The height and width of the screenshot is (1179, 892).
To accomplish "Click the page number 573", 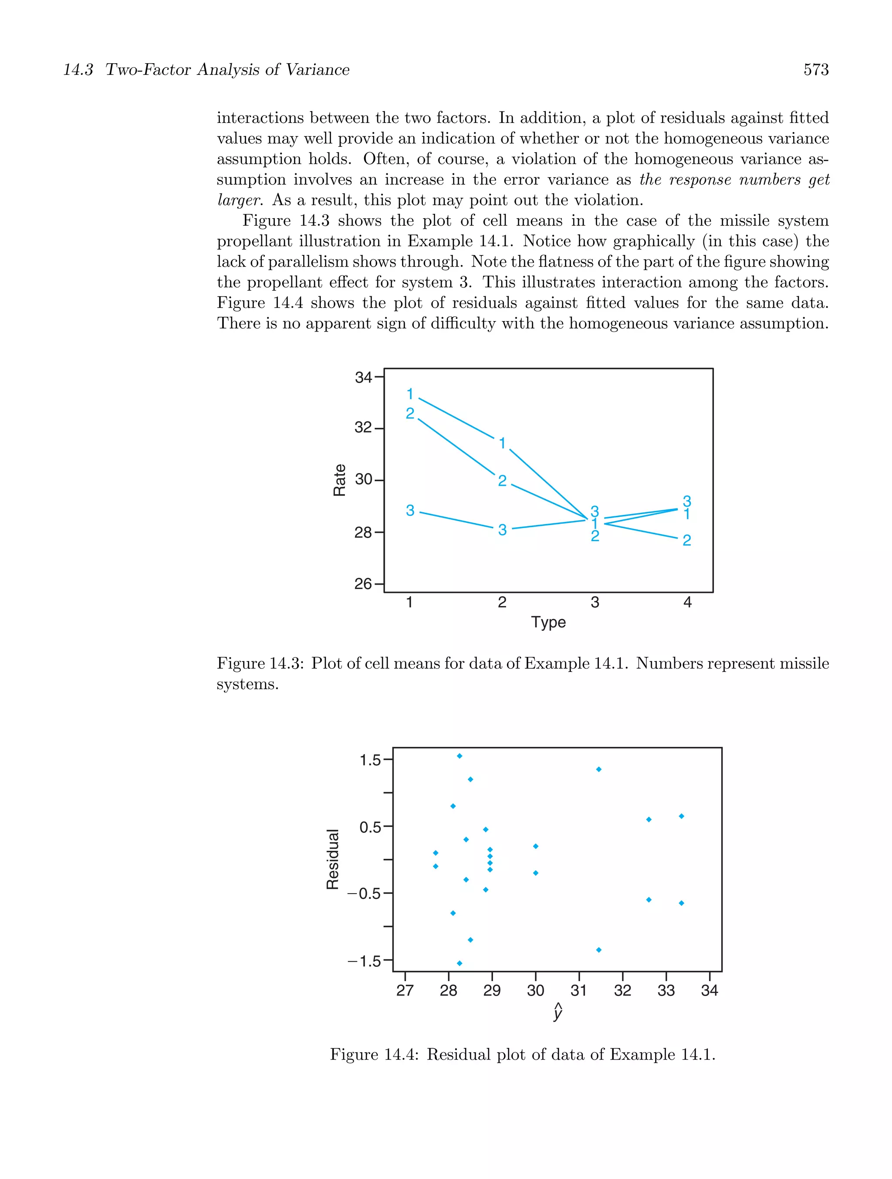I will pos(815,70).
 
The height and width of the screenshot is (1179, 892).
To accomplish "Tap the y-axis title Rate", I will pos(339,480).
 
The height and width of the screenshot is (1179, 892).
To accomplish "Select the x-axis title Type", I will pos(548,622).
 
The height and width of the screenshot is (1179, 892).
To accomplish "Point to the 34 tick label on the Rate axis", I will pos(363,377).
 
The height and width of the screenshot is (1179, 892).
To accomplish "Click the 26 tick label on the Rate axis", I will pos(363,584).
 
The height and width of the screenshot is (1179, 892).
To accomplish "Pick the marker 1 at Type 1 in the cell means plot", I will pos(410,394).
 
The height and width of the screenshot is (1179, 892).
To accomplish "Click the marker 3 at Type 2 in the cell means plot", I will pos(502,530).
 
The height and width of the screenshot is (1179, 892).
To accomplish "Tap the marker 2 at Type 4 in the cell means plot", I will pos(686,540).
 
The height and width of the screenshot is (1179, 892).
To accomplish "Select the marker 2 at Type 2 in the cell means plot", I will pos(502,481).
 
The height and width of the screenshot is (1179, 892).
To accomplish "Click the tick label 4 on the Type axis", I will pos(687,602).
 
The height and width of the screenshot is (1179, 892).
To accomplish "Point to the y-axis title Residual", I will pos(332,859).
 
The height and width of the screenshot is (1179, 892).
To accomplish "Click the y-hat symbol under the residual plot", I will pos(557,1011).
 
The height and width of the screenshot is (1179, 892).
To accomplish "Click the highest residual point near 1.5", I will pos(460,756).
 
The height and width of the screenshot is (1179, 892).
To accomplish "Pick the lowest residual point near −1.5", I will pos(460,963).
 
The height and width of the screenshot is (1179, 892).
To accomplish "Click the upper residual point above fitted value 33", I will pos(681,816).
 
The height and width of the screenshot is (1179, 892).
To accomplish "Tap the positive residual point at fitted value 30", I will pos(536,846).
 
